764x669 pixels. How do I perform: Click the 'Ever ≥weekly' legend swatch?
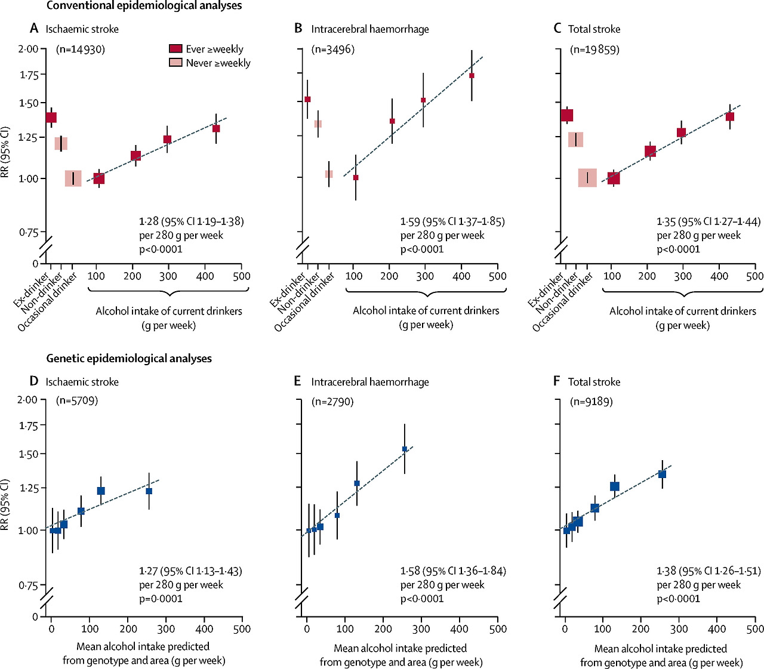click(x=175, y=49)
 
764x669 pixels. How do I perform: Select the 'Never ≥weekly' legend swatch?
click(x=175, y=63)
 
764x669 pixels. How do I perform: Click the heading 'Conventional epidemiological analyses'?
click(x=144, y=6)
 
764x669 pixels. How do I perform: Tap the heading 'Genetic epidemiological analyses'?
click(x=129, y=359)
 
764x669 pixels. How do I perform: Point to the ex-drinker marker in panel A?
click(x=51, y=118)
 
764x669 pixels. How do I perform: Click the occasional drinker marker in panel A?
click(x=73, y=178)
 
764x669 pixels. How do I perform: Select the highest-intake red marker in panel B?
click(x=472, y=76)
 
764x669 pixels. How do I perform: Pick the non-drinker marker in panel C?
click(x=575, y=140)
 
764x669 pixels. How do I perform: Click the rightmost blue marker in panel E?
click(x=405, y=449)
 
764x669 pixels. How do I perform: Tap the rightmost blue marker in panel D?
click(x=149, y=491)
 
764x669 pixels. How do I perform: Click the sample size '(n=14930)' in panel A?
click(x=81, y=50)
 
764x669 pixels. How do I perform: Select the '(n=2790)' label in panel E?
click(x=332, y=402)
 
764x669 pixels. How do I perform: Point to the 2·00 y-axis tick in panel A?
click(x=29, y=49)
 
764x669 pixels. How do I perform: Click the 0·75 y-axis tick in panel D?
click(x=29, y=585)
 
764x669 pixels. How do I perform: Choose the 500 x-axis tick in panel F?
click(x=755, y=628)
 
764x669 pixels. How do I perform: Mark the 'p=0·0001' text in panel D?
click(x=161, y=599)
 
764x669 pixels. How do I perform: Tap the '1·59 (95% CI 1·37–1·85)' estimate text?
click(x=452, y=221)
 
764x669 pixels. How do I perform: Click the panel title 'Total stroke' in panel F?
click(x=594, y=382)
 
